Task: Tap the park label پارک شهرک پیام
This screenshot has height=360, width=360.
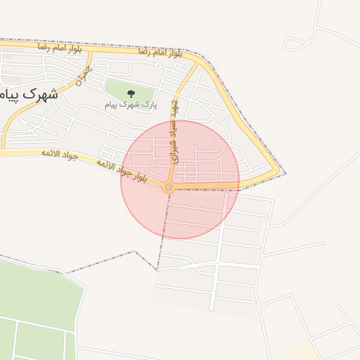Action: tap(131, 105)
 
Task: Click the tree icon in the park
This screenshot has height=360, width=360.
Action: tap(130, 93)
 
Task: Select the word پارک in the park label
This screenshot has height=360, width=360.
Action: tap(149, 105)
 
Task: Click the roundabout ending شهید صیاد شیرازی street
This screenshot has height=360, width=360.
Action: tap(168, 187)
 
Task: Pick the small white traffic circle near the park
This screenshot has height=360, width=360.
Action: tap(159, 67)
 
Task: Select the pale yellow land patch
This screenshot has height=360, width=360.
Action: tap(304, 349)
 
